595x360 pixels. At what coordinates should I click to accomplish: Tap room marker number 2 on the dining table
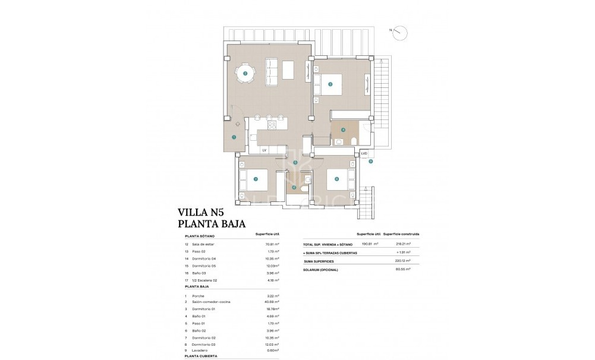click(245, 74)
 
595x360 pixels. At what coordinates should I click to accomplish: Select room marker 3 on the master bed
click(330, 84)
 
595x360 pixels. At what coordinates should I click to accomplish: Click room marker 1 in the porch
click(234, 137)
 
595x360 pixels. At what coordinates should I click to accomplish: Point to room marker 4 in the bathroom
click(343, 129)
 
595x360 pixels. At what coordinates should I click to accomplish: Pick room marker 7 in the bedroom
click(255, 179)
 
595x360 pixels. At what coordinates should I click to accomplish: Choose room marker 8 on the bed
click(336, 179)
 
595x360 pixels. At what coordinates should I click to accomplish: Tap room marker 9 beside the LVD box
click(370, 161)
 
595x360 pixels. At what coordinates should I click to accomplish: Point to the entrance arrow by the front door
click(237, 124)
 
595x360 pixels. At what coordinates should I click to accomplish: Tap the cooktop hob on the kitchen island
click(274, 124)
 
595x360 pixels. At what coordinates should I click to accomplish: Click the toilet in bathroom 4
click(354, 140)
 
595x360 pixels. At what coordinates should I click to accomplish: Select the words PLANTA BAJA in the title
click(212, 224)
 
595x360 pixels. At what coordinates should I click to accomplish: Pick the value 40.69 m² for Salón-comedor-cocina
click(270, 302)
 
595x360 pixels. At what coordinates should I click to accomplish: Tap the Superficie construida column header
click(401, 234)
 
